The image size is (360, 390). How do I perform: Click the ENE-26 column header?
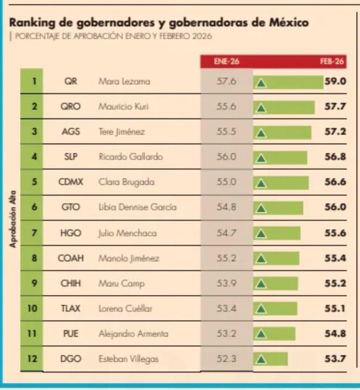click(226, 62)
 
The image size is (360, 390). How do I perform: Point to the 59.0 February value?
click(335, 82)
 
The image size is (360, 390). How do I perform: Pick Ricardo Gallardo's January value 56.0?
click(227, 157)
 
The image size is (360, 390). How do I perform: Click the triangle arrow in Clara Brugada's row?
click(261, 183)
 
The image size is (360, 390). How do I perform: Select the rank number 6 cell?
click(32, 208)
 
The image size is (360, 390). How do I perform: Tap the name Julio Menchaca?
click(127, 233)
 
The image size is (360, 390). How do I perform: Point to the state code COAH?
click(70, 258)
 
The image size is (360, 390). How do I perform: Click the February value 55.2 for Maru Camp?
click(335, 283)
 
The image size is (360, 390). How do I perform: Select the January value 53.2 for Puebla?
click(227, 334)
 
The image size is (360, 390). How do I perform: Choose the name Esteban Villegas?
click(128, 359)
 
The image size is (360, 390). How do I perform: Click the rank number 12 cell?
click(32, 359)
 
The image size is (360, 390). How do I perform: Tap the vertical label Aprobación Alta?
click(13, 219)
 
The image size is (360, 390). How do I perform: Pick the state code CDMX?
click(70, 182)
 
